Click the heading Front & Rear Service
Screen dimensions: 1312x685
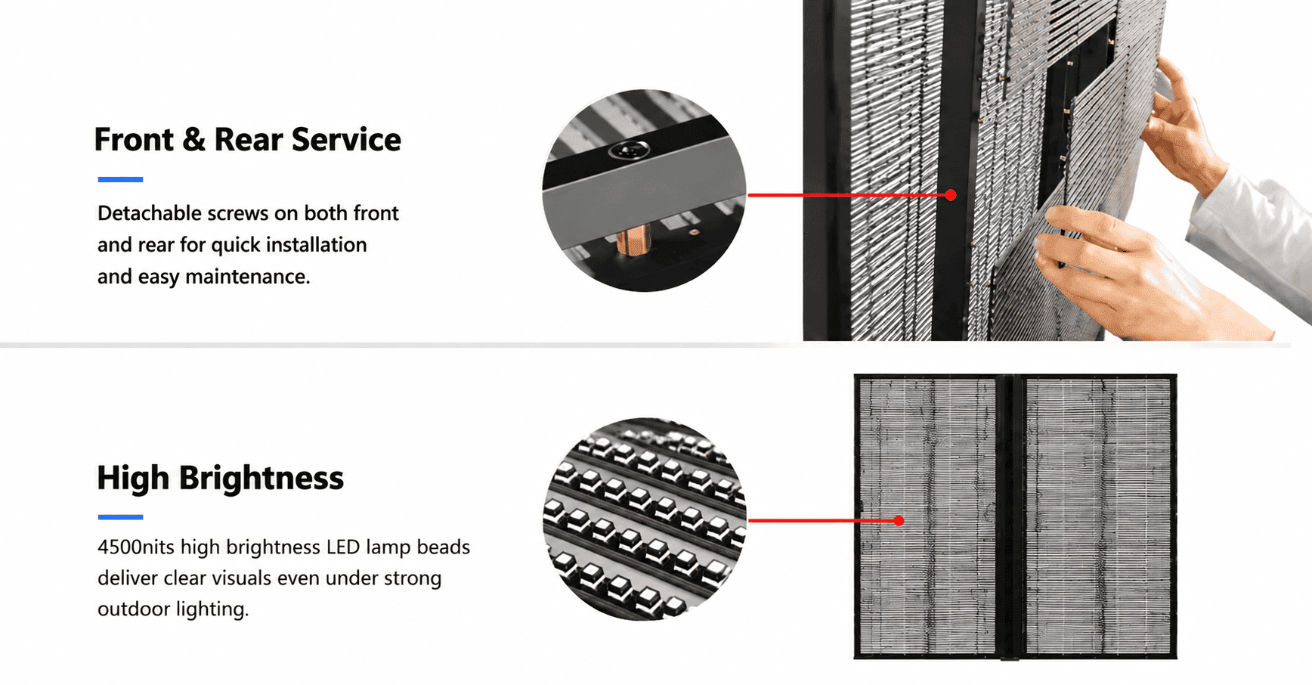[x=247, y=140]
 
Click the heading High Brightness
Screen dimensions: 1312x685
[x=221, y=478]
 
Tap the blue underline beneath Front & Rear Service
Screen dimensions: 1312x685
[x=120, y=179]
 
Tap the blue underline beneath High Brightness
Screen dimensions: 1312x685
[x=120, y=517]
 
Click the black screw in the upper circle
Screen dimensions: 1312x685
[x=629, y=150]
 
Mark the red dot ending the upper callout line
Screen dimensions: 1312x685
[x=951, y=195]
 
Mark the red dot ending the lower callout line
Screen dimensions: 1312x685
[x=899, y=520]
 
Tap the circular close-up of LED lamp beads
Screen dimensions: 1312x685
[x=645, y=519]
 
